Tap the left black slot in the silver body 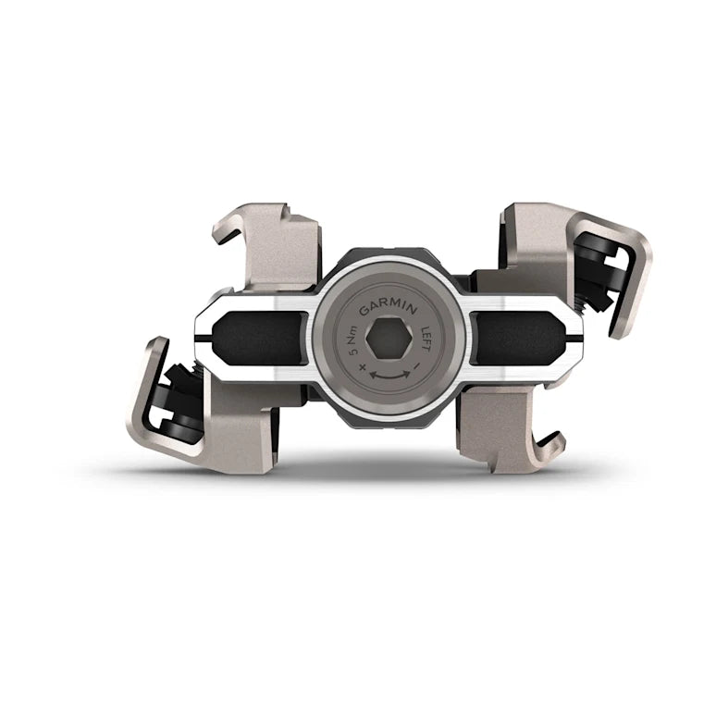[x=262, y=338]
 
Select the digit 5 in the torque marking [x=349, y=344]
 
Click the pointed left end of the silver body [x=195, y=340]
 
